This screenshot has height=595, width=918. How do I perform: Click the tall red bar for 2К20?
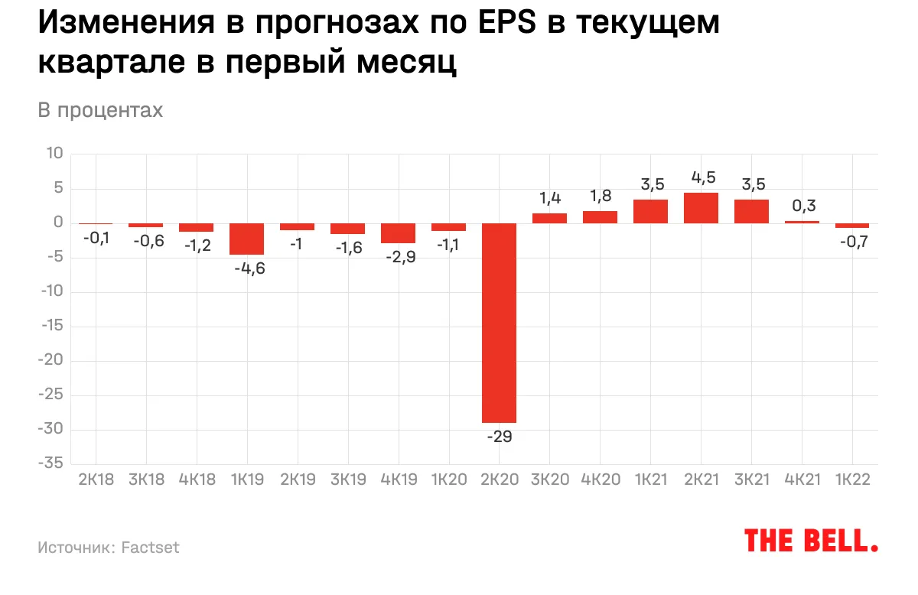(x=499, y=323)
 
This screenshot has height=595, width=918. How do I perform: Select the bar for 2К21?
(x=701, y=208)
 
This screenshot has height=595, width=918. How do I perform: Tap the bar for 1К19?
(x=247, y=239)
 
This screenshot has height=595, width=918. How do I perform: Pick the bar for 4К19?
(x=399, y=233)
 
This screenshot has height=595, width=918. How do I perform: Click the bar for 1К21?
(x=650, y=211)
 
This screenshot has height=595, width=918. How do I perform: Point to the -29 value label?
(x=499, y=437)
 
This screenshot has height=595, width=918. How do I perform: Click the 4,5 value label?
(x=701, y=176)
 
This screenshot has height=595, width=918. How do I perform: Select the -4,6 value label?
(x=247, y=269)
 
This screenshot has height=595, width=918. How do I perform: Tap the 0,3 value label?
(x=802, y=204)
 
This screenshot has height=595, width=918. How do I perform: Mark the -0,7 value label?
(x=852, y=242)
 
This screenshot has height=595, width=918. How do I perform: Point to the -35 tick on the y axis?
(x=52, y=464)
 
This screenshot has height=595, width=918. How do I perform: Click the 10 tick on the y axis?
(x=55, y=154)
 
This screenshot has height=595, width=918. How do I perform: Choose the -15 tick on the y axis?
(x=52, y=327)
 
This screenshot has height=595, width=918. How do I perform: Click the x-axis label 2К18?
(x=96, y=480)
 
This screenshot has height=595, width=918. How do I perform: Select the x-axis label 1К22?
(x=852, y=480)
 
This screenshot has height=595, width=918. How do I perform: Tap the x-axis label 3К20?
(x=549, y=480)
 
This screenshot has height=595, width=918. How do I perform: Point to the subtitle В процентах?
(x=100, y=110)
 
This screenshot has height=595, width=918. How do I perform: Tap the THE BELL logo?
(x=811, y=540)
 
